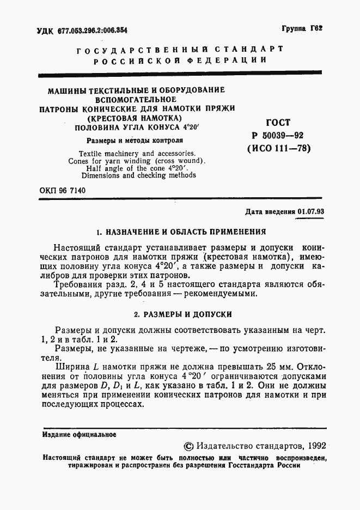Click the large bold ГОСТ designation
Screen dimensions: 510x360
pos(278,123)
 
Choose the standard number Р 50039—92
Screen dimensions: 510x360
pos(278,136)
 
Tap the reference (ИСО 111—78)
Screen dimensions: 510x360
pos(278,148)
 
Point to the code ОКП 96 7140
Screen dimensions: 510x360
pos(63,190)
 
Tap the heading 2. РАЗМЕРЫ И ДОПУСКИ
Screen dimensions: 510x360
pos(183,314)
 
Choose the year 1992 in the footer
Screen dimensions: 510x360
pos(316,446)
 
